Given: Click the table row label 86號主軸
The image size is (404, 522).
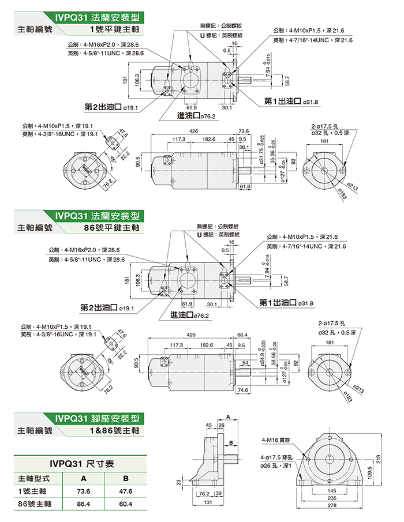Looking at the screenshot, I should [x=32, y=504].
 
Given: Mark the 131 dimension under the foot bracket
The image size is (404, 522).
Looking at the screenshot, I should [x=208, y=502].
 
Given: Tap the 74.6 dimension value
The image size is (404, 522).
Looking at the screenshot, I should [x=242, y=390].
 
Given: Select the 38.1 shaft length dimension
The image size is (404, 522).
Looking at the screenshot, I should [x=244, y=148].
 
